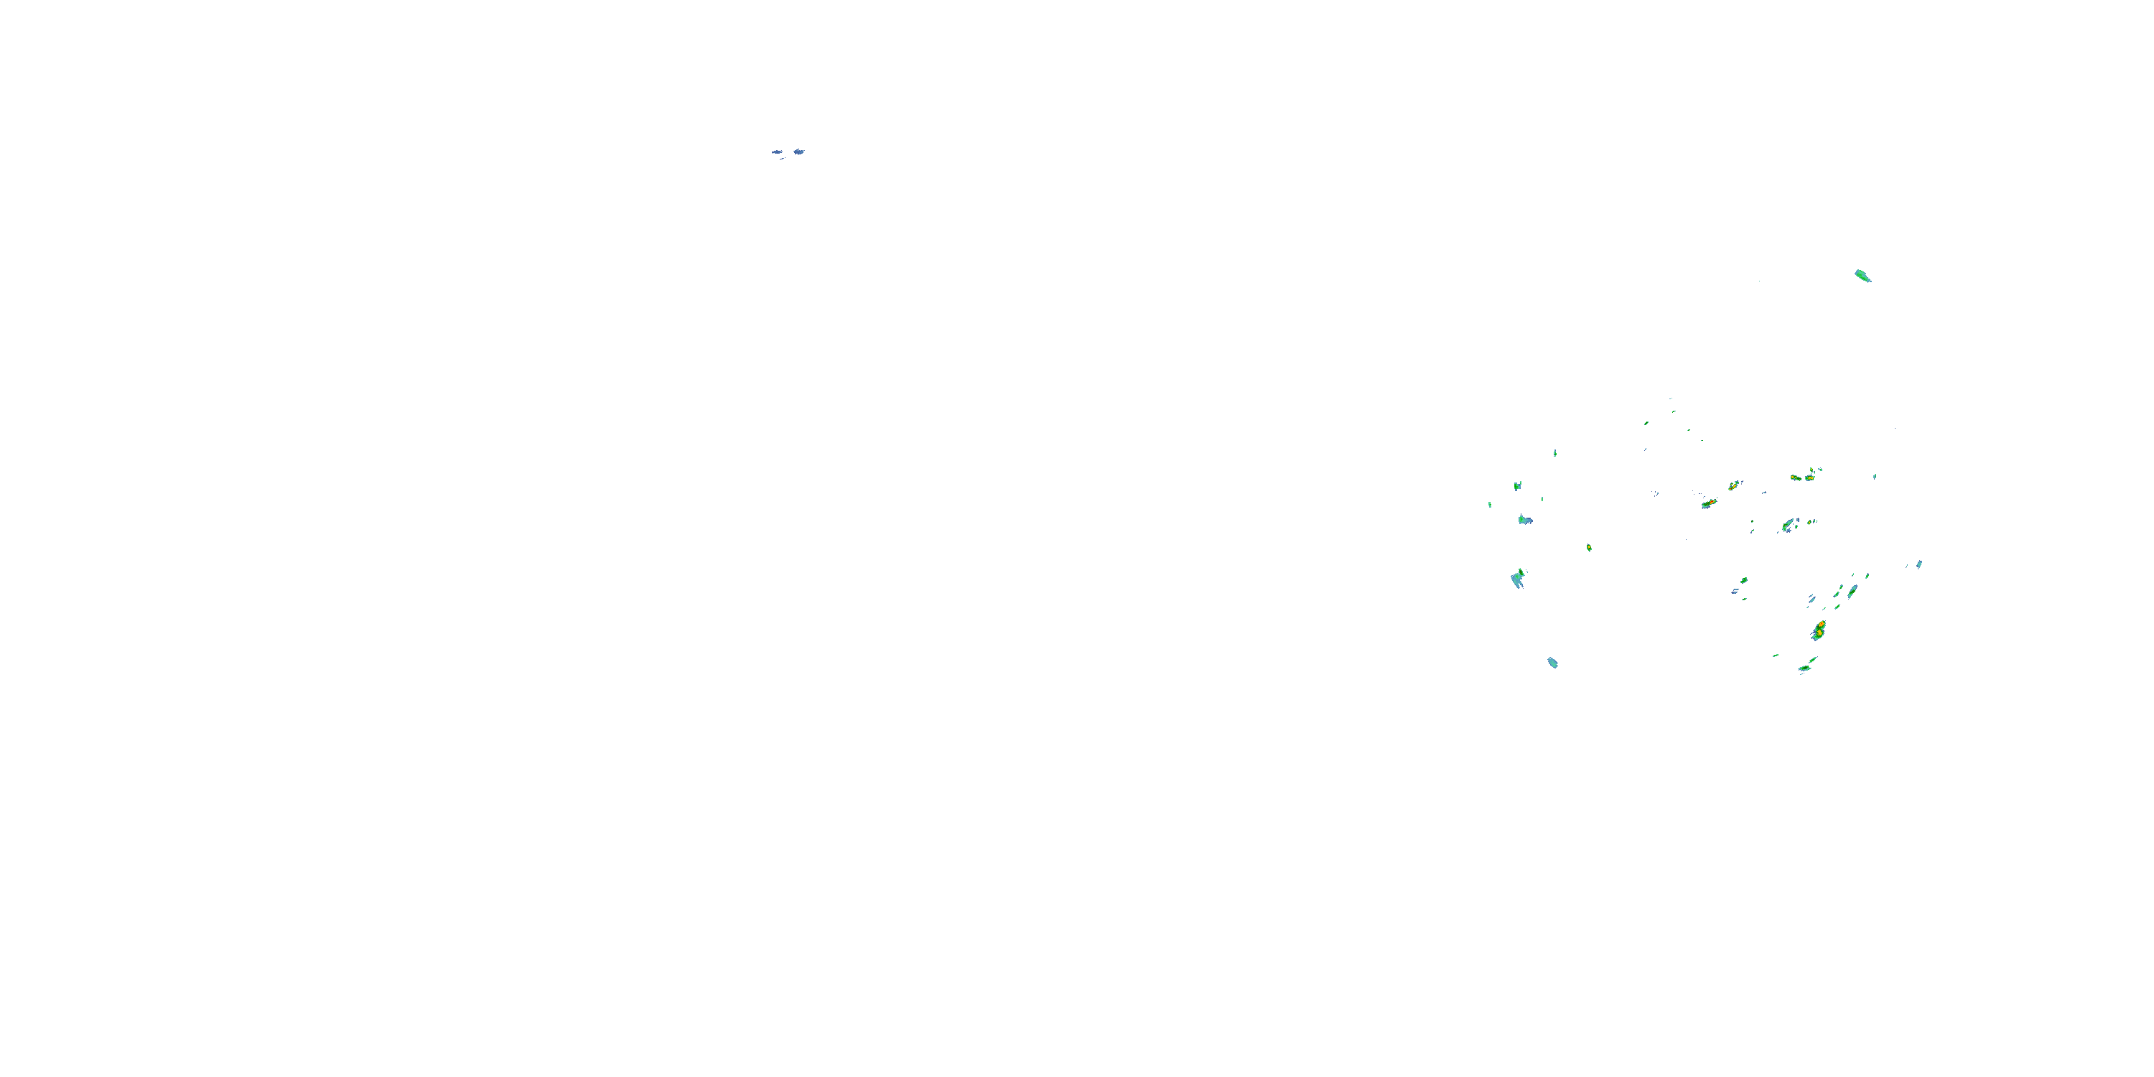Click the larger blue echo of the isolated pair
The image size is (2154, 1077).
pos(798,151)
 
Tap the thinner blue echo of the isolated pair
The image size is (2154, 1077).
pos(777,152)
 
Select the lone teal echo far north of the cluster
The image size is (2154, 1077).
pos(1862,275)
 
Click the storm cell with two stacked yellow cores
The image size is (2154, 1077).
pos(1819,630)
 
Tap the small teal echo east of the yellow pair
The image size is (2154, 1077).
pos(1875,476)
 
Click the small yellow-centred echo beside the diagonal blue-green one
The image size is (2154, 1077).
pos(1809,522)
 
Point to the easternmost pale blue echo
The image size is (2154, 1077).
pos(1919,564)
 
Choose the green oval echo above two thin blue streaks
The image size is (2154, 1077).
pos(1743,579)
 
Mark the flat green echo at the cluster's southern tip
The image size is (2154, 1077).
pos(1804,669)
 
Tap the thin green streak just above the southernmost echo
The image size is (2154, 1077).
pos(1813,660)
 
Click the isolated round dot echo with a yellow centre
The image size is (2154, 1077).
pos(1589,548)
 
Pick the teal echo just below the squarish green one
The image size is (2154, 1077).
pos(1525,520)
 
